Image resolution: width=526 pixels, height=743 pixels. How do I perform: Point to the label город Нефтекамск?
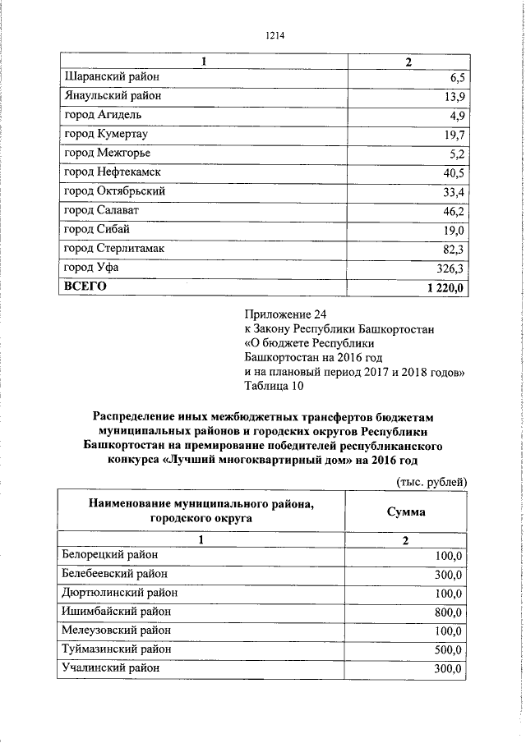click(x=112, y=172)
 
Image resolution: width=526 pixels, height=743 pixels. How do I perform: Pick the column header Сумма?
click(x=406, y=511)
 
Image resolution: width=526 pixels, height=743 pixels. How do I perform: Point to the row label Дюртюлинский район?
click(x=118, y=593)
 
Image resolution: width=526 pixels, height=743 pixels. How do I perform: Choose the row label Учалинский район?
click(x=110, y=668)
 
